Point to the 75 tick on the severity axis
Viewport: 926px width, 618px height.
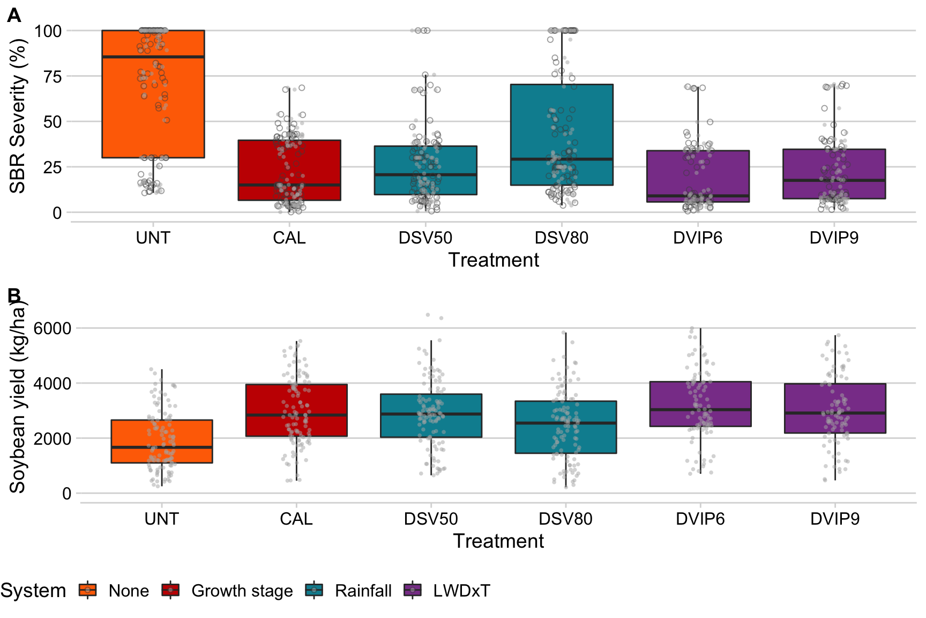pos(53,77)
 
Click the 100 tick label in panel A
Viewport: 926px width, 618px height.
pos(48,31)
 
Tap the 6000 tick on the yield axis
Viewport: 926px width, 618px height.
pos(53,328)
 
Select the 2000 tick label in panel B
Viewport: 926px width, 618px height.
pos(53,439)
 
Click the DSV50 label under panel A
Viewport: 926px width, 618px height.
pos(425,238)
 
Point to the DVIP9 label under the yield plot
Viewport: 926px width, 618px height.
pos(835,519)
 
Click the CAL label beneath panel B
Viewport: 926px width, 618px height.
pos(296,519)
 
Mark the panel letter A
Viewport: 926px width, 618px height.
pos(14,16)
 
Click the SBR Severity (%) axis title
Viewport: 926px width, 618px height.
pos(18,116)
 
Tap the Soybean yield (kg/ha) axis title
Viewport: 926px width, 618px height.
pos(18,397)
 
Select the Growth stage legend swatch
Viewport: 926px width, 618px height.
pos(170,590)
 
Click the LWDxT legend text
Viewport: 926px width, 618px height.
pos(461,591)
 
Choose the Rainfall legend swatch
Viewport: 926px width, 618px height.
pos(314,590)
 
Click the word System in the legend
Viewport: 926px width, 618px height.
pos(33,591)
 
